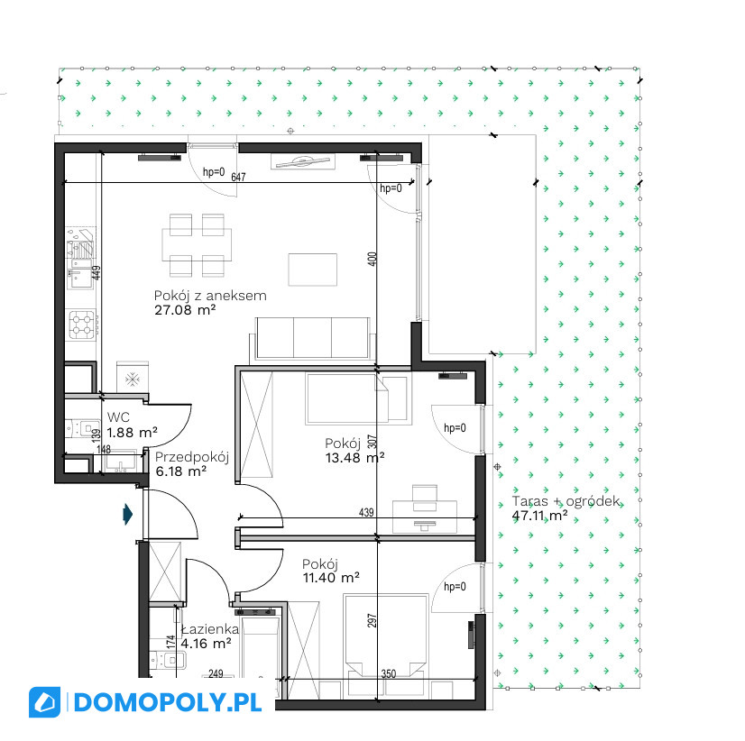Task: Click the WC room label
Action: click(x=118, y=417)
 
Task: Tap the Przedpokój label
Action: click(x=192, y=457)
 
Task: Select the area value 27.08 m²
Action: click(x=185, y=310)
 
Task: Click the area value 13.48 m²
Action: click(x=355, y=457)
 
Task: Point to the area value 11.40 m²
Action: click(x=331, y=578)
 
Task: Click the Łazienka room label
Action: click(x=210, y=629)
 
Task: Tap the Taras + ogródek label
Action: click(x=566, y=501)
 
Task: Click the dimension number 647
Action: click(x=238, y=178)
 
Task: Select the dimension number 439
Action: click(x=366, y=513)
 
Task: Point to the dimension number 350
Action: click(x=389, y=673)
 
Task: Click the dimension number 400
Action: click(x=372, y=259)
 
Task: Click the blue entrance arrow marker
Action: click(x=128, y=514)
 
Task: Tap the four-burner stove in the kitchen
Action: click(x=82, y=325)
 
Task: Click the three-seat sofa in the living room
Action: click(x=312, y=339)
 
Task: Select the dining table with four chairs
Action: click(x=197, y=245)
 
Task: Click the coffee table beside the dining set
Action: click(x=313, y=270)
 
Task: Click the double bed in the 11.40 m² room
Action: click(x=386, y=645)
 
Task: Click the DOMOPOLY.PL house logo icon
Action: click(x=45, y=702)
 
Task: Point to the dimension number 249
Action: click(x=216, y=673)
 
